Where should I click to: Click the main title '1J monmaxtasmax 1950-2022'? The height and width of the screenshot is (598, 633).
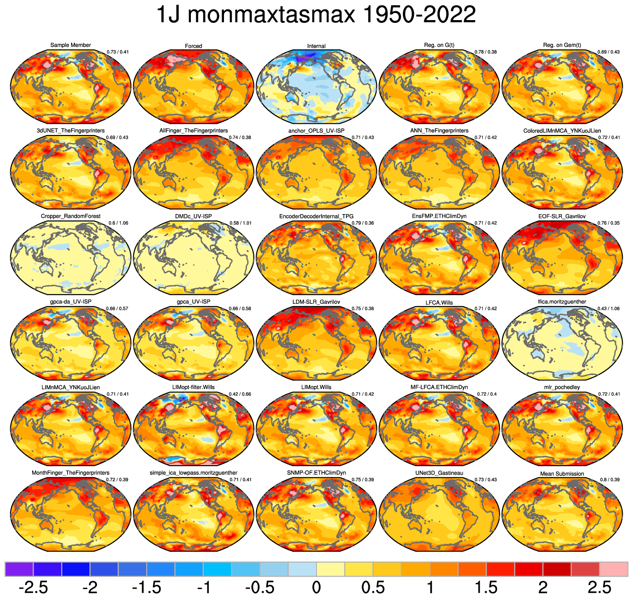[x=316, y=15]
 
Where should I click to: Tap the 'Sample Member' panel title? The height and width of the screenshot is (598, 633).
[x=71, y=45]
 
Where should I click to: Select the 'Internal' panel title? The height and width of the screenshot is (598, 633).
[x=316, y=46]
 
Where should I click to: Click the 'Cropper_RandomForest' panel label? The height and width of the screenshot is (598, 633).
[x=71, y=216]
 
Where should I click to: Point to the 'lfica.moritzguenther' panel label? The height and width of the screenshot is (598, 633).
[x=562, y=302]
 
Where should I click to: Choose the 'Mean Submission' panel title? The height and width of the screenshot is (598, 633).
[x=562, y=474]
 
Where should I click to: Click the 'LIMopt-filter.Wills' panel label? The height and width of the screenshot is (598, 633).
[x=194, y=387]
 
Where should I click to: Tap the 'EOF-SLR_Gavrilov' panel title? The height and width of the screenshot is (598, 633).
[x=562, y=216]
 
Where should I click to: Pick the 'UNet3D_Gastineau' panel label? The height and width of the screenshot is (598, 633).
[x=439, y=473]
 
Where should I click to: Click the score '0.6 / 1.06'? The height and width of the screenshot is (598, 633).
[x=118, y=223]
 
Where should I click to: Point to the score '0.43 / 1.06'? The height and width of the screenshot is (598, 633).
[x=609, y=308]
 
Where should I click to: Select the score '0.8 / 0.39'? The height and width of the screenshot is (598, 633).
[x=610, y=480]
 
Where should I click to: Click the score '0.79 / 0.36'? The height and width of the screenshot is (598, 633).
[x=363, y=223]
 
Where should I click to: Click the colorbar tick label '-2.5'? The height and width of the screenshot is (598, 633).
[x=33, y=587]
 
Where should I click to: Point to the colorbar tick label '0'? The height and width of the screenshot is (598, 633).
[x=316, y=587]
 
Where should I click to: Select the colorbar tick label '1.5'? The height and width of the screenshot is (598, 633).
[x=486, y=587]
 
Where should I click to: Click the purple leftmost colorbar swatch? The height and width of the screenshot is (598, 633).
[x=19, y=569]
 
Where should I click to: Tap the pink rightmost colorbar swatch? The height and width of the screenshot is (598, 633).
[x=614, y=569]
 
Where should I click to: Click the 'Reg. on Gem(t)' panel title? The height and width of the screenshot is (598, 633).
[x=562, y=45]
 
